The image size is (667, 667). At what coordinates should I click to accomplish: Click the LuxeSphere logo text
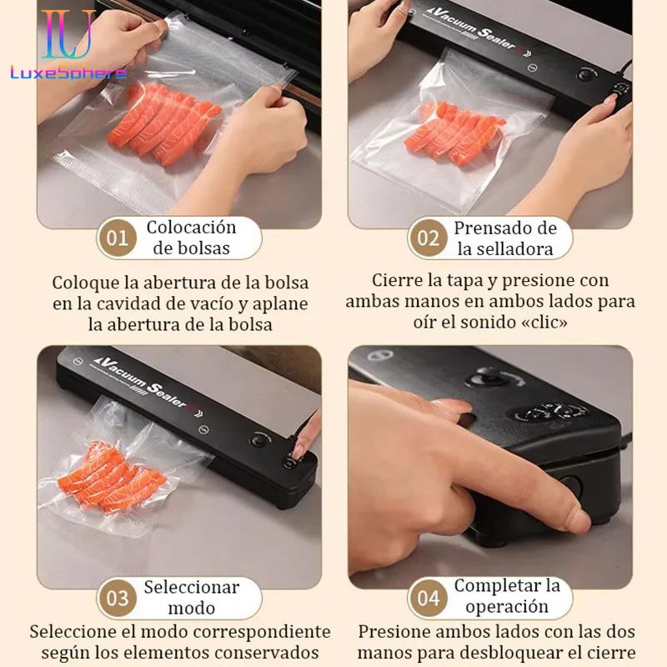(x=68, y=73)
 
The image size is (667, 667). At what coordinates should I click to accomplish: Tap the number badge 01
(x=118, y=238)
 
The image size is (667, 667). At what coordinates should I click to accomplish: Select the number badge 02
(x=428, y=238)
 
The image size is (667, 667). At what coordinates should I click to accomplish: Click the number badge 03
(x=118, y=598)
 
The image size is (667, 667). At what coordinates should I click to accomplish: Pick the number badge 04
(x=428, y=598)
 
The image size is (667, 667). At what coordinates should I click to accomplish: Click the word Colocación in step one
(x=191, y=227)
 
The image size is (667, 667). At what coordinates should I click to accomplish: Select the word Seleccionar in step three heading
(x=191, y=586)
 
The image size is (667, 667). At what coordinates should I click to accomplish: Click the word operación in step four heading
(x=507, y=607)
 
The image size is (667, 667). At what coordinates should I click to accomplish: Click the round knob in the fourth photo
(x=484, y=377)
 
